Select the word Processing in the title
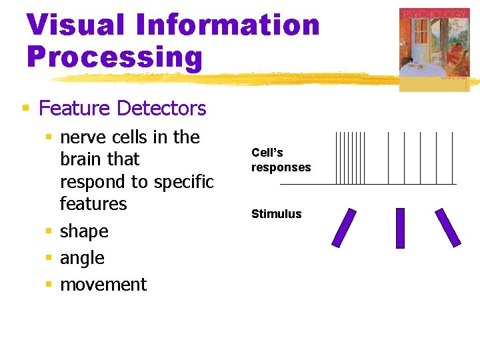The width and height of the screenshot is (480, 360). tap(114, 57)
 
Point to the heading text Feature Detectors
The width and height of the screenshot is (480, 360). tap(123, 108)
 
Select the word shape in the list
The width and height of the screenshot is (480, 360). tap(84, 231)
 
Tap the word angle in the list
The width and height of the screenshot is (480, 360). tap(82, 258)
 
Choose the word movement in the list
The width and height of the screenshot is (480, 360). tap(103, 285)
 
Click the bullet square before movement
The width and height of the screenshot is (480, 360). tap(48, 285)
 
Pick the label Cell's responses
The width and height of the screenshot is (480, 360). tap(281, 160)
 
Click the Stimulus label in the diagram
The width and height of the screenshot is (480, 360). tap(276, 214)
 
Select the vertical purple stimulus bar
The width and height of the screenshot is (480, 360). tap(400, 228)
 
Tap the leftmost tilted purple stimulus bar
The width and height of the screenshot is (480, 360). tap(344, 228)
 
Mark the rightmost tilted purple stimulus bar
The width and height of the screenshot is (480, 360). tap(448, 228)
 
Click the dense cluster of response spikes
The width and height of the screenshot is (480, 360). tap(351, 158)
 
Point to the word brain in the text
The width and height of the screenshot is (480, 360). tap(81, 159)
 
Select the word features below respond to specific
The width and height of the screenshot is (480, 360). tap(93, 204)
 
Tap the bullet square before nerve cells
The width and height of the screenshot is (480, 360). tap(48, 137)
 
